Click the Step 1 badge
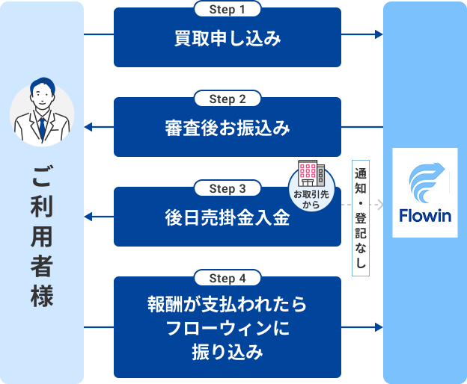[x=228, y=10]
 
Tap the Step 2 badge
[x=228, y=99]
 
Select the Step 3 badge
[x=228, y=188]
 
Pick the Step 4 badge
[x=228, y=278]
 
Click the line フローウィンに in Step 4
[x=228, y=329]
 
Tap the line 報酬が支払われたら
[x=228, y=307]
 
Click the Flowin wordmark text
[x=425, y=217]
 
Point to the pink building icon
[x=311, y=174]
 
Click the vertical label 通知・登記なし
[x=361, y=217]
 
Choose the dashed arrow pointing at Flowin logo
[x=362, y=203]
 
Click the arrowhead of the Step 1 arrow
[x=379, y=35]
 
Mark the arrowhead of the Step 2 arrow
[x=88, y=127]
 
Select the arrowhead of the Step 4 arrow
[x=379, y=327]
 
